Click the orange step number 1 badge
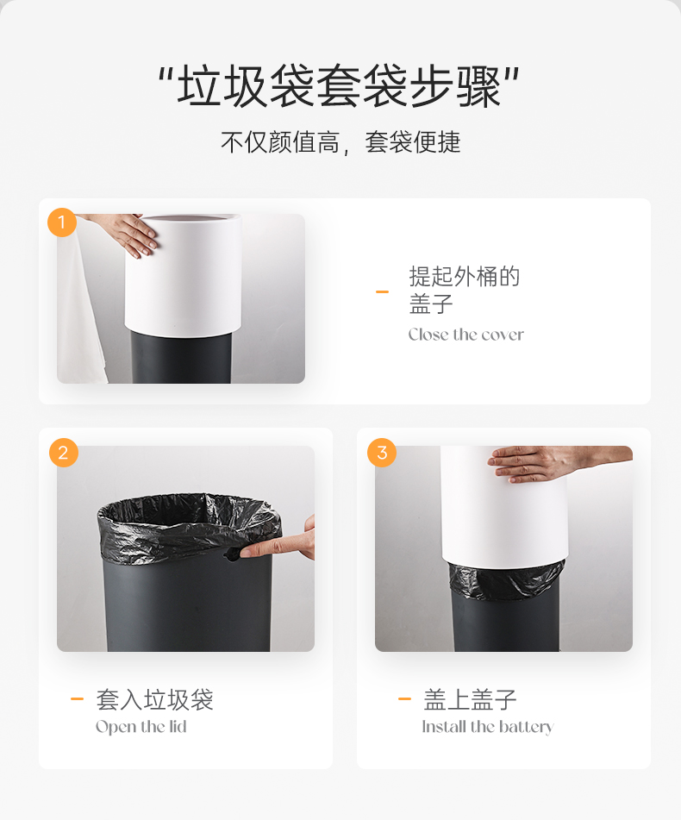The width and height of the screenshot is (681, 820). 62,222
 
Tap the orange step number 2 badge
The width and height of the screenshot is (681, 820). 63,453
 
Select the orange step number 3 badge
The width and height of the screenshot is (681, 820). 382,453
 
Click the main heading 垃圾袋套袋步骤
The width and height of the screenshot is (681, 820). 340,86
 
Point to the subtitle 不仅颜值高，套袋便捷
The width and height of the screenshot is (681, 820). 340,142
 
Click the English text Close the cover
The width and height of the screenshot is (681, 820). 465,335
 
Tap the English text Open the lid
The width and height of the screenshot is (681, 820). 141,727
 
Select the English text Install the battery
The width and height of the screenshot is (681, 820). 488,727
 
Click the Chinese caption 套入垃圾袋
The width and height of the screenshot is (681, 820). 154,700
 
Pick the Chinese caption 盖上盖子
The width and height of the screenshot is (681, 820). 470,700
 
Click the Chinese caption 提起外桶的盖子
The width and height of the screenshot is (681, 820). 464,290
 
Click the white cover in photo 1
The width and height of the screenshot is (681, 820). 183,274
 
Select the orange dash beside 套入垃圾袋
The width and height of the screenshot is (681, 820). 77,698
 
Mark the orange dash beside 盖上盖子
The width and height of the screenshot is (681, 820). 404,698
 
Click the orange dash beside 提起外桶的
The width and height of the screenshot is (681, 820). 382,291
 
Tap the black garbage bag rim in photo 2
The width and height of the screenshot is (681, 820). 189,526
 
